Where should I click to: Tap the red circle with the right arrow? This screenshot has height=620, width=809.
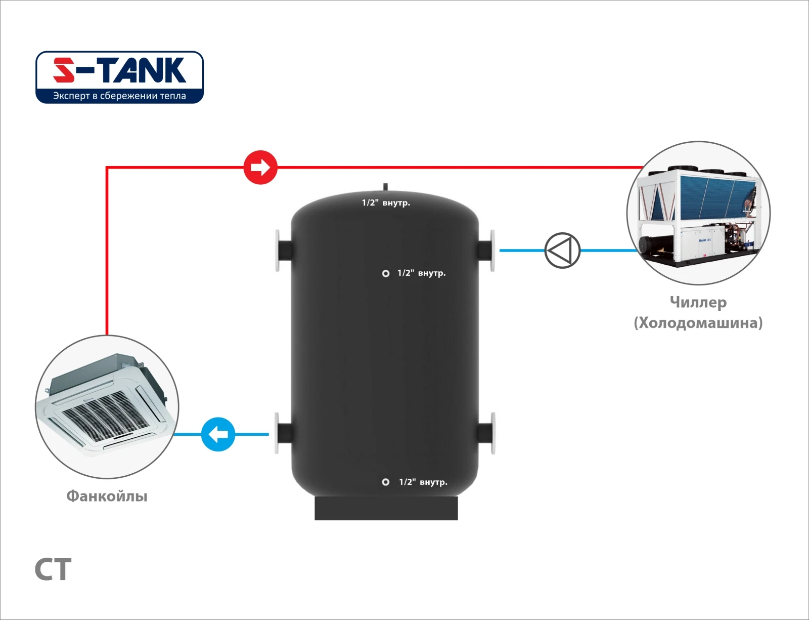[x=260, y=167]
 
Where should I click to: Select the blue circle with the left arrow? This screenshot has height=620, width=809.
[x=218, y=434]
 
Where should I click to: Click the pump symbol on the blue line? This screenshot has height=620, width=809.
[x=562, y=250]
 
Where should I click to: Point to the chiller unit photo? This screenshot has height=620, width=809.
[x=698, y=213]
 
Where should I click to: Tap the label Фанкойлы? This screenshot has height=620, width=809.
[x=107, y=496]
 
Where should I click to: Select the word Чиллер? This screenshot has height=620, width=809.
[x=698, y=302]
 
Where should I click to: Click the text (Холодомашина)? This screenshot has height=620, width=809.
[x=698, y=323]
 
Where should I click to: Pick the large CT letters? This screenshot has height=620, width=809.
[x=53, y=570]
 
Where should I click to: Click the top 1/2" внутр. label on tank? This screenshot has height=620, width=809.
[x=386, y=203]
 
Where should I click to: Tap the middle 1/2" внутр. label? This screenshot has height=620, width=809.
[x=421, y=273]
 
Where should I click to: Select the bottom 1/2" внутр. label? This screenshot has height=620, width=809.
[x=423, y=482]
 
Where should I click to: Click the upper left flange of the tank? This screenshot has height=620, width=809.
[x=278, y=251]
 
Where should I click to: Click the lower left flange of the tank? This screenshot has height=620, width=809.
[x=278, y=433]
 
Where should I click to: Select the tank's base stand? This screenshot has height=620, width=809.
[x=386, y=508]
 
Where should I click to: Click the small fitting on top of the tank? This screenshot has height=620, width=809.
[x=385, y=187]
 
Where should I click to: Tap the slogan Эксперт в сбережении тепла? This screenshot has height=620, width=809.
[x=119, y=96]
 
